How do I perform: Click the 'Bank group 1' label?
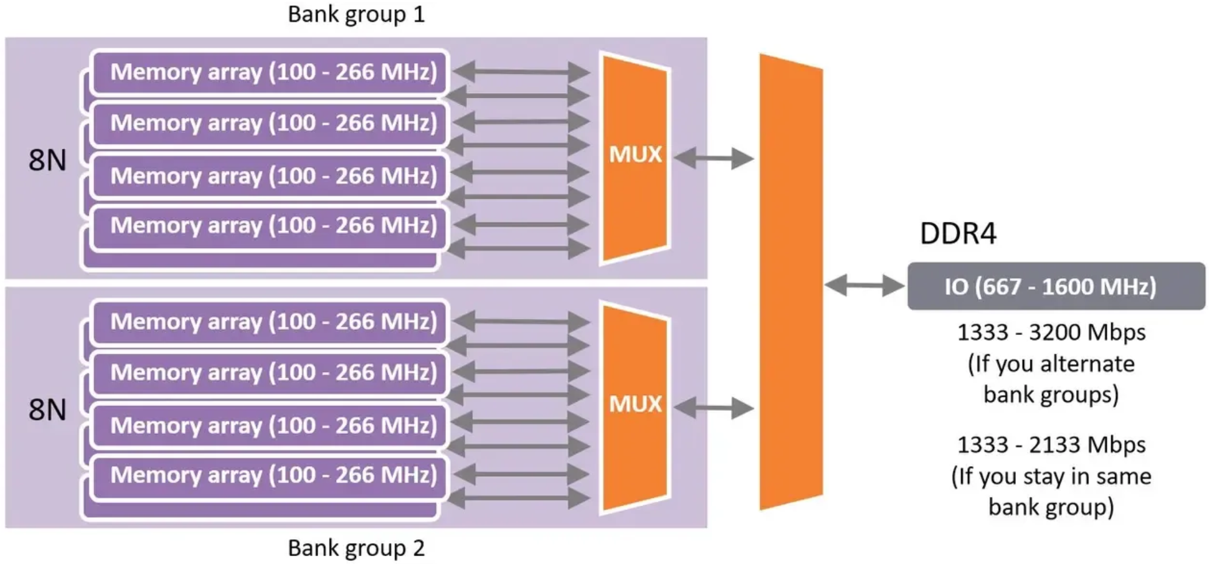[356, 15]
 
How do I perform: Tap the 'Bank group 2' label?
[356, 548]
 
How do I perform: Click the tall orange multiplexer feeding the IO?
[791, 282]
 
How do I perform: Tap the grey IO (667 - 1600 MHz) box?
[1055, 286]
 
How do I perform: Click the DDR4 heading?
[958, 234]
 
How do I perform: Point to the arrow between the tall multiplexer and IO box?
[865, 285]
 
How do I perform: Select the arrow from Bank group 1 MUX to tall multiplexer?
[713, 159]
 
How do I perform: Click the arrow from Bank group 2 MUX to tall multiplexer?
[713, 408]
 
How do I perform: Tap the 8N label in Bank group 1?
[47, 160]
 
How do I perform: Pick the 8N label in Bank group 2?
[47, 410]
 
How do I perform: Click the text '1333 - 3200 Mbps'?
[1051, 332]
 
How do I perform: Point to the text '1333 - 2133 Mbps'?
[1051, 445]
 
